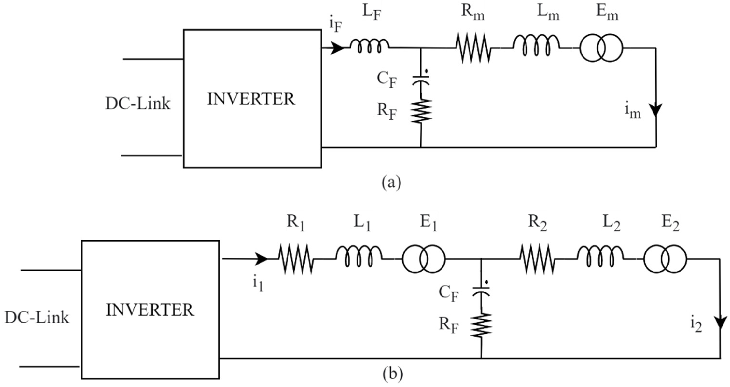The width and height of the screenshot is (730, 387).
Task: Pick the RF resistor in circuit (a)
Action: coord(421,111)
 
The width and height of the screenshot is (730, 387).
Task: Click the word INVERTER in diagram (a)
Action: coord(251,99)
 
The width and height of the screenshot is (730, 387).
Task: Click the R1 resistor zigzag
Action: coord(295,259)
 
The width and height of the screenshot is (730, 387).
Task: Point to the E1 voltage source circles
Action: coord(423,259)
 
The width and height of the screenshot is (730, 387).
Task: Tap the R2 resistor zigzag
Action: coord(537,259)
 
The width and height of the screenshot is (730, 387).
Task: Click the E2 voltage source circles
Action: coord(665,259)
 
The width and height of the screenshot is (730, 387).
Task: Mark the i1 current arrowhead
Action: coord(261,259)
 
